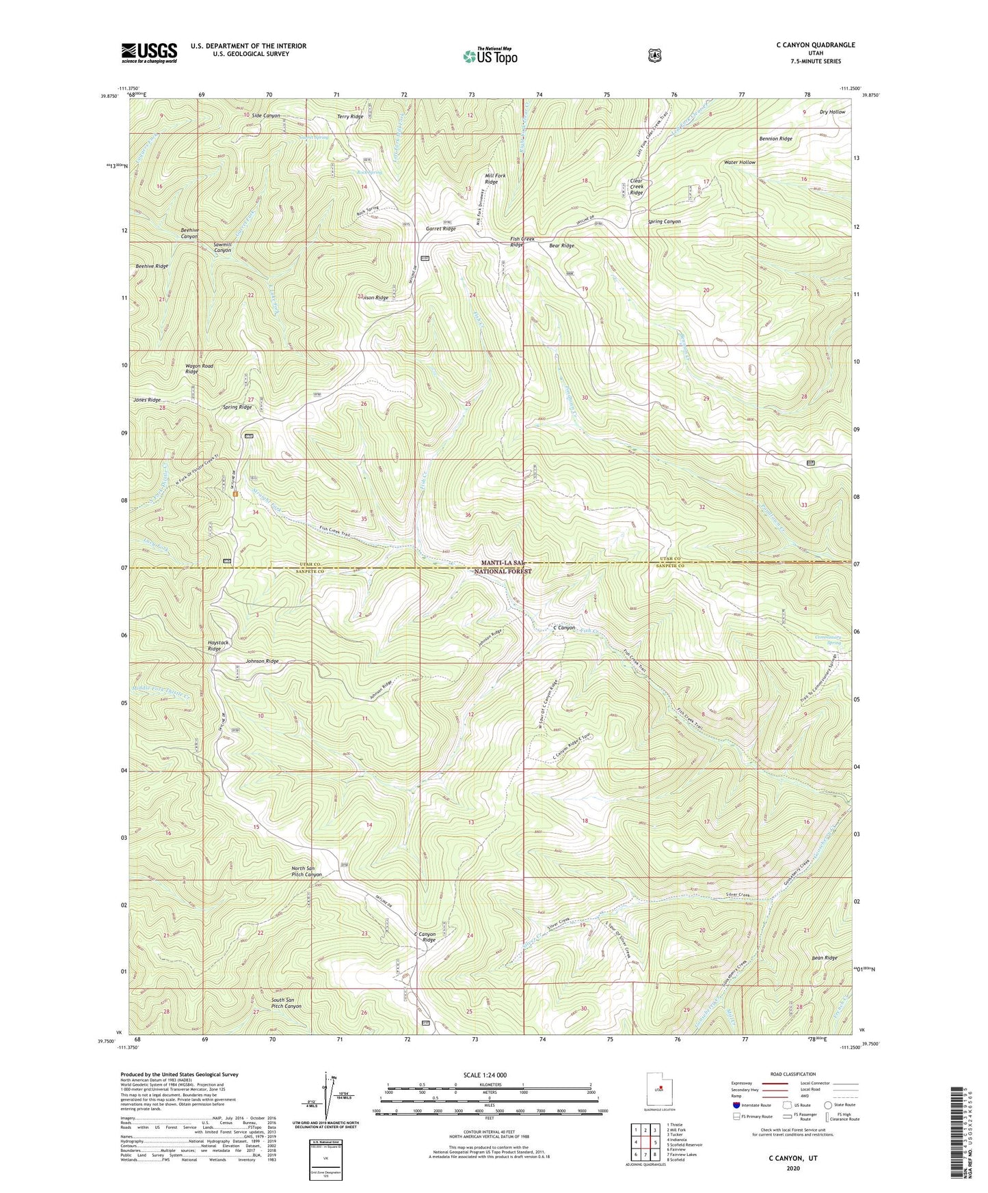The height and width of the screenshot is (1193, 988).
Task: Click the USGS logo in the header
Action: coord(149,53)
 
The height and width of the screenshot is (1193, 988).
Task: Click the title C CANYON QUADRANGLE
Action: coord(815,45)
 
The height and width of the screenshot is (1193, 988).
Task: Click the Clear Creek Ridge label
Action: coord(637,187)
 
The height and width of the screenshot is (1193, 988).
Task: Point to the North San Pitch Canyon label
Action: coord(306,871)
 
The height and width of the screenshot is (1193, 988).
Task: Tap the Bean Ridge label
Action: coord(824,958)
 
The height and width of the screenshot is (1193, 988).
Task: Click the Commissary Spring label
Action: coord(828,640)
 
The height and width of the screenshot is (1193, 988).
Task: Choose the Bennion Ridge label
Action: coord(775,139)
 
